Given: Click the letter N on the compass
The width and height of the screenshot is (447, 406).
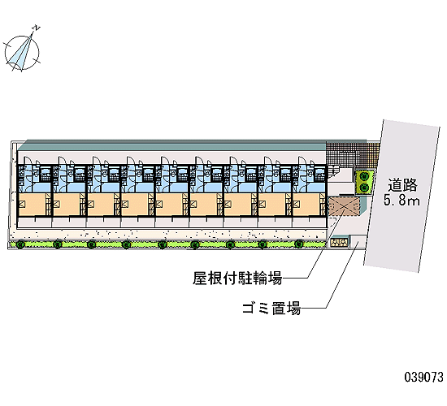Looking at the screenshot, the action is coord(37,28).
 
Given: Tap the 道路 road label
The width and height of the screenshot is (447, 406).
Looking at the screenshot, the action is coord(402,185).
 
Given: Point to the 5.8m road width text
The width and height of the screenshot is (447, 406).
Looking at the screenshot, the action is coord(401,200).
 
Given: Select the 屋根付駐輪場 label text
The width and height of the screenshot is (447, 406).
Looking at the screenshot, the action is coord(237,278).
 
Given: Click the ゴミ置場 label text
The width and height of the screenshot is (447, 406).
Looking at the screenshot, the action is coord(271,308).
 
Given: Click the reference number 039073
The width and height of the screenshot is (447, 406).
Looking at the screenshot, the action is coord(424,377).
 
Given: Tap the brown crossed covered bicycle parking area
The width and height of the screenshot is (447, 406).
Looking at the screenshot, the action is coord(344,206).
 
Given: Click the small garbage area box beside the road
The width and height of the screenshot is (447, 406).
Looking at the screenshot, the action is coord(358,242).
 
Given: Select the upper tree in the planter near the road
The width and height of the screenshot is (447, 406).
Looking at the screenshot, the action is coord(364,176).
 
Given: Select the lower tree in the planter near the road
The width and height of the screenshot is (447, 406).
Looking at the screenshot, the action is coord(364,188).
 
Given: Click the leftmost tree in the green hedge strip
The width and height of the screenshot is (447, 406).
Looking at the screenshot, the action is coord(20,244).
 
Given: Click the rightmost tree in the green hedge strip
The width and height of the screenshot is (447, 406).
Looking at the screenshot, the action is coord(299,244).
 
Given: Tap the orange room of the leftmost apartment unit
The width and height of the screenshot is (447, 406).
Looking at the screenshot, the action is coord(33,205).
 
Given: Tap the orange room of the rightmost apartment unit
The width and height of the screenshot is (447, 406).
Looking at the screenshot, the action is coord(306,205).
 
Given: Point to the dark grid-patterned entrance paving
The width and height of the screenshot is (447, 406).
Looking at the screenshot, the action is coord(353,155).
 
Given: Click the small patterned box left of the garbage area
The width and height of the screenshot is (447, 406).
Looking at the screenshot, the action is coord(339,242).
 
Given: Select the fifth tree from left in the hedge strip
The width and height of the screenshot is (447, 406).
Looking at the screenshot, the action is coord(163,244).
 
